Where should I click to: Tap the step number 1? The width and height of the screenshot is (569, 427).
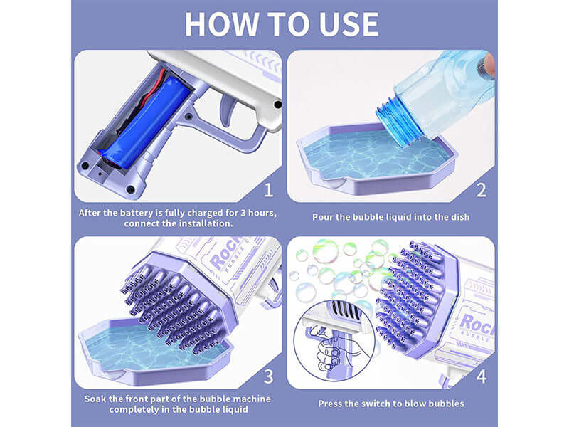tap(268, 190)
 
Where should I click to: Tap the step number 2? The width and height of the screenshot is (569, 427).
tap(481, 190)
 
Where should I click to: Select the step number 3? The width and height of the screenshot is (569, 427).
tap(268, 376)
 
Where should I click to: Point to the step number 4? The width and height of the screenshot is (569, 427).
tap(481, 376)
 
